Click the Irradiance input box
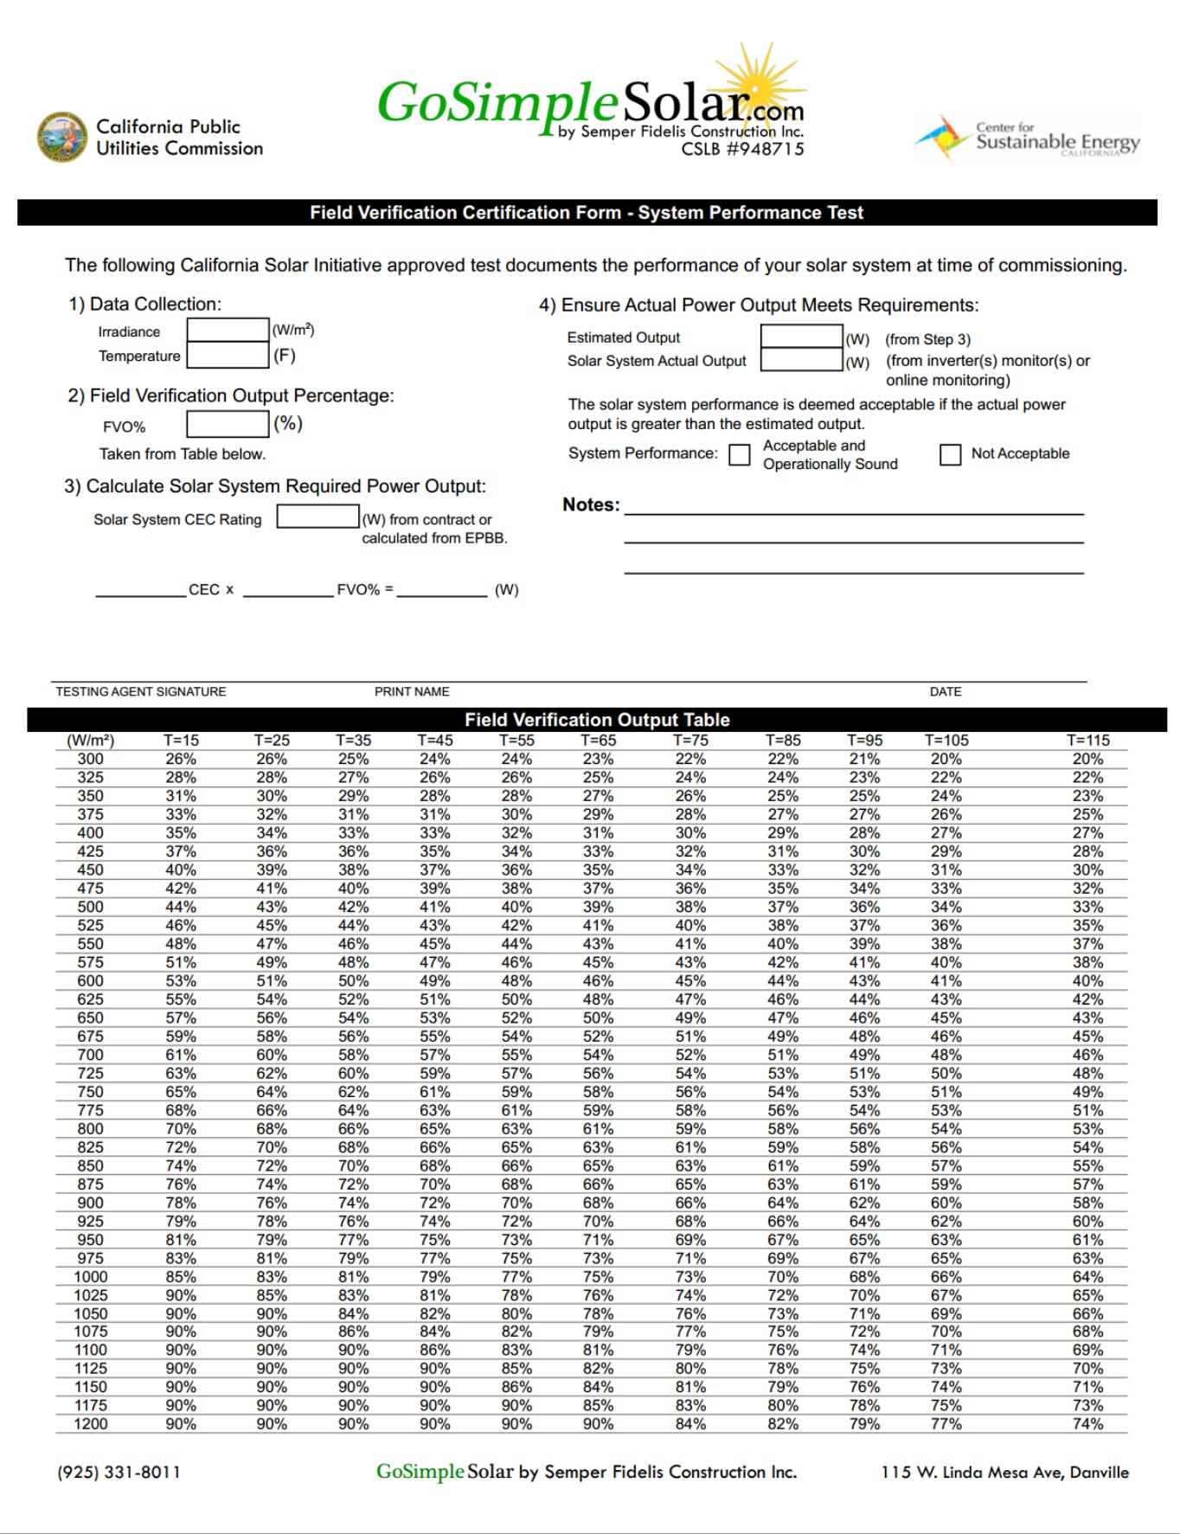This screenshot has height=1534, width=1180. pos(228,330)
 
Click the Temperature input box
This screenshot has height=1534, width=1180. pos(228,355)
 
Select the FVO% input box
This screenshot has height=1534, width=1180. pos(228,424)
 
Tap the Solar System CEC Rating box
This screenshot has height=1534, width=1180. pos(317,517)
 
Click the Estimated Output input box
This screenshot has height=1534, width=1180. pos(801,336)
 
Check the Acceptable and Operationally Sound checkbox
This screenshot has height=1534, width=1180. pos(740,455)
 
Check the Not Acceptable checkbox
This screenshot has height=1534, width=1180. pos(950,454)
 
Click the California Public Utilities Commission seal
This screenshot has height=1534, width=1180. pos(61,137)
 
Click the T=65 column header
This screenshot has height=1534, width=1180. pos(598,741)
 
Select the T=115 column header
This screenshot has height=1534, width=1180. pos(1087,741)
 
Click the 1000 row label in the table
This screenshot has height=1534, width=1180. pos(91,1277)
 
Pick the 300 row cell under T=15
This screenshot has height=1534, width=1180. pos(181,759)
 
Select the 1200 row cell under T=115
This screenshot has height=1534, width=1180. pos(1087,1424)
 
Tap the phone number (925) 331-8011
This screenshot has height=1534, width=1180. pos(119,1472)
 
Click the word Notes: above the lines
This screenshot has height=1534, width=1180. pos(591,504)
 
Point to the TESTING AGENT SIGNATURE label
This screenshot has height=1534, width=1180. pos(141,691)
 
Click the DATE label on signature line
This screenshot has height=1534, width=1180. pos(946,691)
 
